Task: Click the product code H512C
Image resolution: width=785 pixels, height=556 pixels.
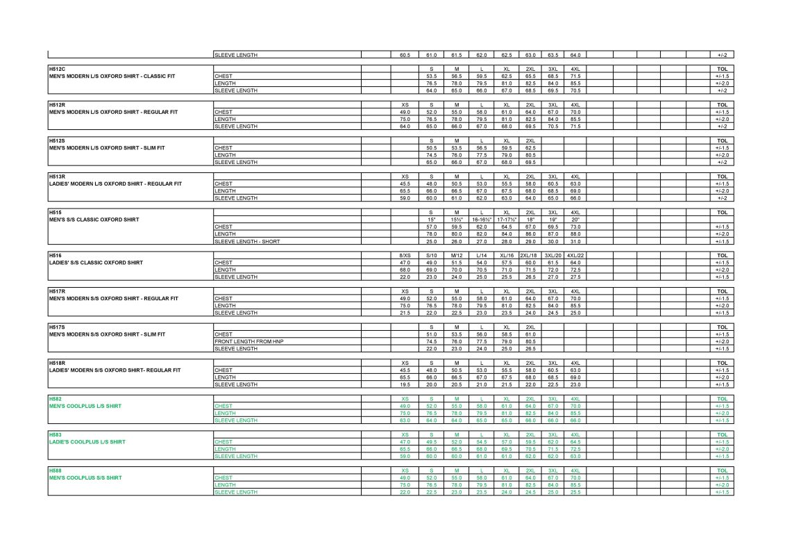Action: point(57,69)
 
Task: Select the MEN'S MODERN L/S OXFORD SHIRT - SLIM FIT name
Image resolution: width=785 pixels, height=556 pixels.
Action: point(107,148)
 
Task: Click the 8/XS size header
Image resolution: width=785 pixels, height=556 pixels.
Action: point(405,256)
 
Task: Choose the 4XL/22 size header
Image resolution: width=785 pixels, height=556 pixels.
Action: point(575,256)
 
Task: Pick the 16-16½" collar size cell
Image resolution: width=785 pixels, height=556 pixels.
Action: point(482,220)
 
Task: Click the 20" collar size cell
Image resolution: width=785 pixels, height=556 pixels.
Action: point(575,220)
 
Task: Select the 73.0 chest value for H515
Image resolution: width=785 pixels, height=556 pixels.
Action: point(575,227)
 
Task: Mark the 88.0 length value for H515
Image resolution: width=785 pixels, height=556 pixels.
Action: point(575,234)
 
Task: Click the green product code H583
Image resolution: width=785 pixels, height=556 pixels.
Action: point(56,434)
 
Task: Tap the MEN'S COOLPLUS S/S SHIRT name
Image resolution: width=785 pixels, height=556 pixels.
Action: point(85,477)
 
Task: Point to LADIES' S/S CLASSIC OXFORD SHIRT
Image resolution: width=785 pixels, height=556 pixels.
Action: point(96,263)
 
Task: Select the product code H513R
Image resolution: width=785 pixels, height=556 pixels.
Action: point(57,177)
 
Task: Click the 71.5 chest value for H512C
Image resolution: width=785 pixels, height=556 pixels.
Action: point(575,76)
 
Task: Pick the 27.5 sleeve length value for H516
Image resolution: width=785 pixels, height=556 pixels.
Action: point(575,277)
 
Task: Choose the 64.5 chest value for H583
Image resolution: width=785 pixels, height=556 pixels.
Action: point(575,442)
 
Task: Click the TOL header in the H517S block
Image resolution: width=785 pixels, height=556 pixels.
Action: point(721,327)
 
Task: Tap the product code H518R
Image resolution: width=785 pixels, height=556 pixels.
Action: point(57,363)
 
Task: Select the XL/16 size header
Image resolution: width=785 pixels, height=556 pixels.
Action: point(507,256)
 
